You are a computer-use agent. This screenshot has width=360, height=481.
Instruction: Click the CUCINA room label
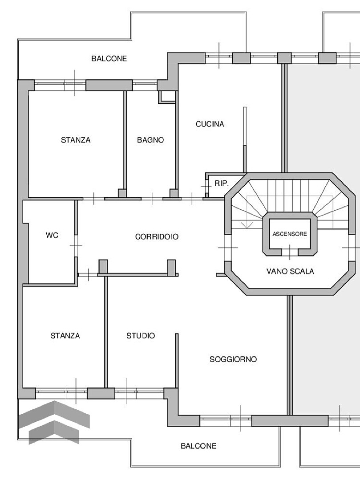click(210, 124)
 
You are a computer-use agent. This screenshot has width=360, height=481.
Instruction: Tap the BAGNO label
click(150, 140)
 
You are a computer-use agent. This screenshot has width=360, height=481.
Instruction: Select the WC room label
click(52, 235)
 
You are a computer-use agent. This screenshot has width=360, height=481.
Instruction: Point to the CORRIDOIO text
click(157, 237)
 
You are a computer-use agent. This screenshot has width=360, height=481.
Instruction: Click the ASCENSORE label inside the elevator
click(290, 234)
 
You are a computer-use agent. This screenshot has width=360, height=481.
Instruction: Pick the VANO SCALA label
click(290, 271)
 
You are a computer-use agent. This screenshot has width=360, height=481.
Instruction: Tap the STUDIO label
click(141, 336)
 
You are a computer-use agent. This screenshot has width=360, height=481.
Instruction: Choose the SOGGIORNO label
click(233, 359)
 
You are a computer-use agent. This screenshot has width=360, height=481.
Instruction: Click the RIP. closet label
click(222, 183)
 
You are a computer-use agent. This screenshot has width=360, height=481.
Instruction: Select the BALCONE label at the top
click(109, 58)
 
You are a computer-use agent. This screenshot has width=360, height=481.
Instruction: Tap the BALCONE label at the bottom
click(198, 446)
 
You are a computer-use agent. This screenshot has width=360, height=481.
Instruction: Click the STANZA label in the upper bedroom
click(76, 140)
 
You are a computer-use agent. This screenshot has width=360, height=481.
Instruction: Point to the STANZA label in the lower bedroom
click(65, 336)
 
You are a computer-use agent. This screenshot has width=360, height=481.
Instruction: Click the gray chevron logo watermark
click(54, 422)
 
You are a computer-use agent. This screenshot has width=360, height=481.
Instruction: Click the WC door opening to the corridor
click(76, 246)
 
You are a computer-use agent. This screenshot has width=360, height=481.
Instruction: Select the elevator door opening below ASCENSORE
click(290, 252)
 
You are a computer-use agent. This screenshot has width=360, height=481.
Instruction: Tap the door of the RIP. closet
click(206, 187)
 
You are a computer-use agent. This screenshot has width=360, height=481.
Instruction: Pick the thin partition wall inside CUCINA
click(244, 139)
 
